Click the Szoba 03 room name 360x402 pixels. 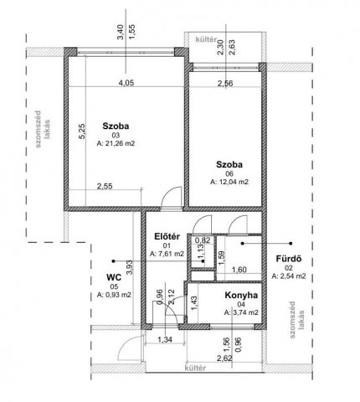116,126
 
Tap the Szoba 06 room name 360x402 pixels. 229,164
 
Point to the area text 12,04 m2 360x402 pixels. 229,182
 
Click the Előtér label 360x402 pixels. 167,236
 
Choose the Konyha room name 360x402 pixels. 241,295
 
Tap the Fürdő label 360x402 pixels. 289,259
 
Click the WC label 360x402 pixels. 114,277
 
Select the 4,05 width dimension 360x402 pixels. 126,83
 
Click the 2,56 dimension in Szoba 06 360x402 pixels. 225,83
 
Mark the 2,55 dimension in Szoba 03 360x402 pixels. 105,186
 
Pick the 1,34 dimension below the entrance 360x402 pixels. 166,340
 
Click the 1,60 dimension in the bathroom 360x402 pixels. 239,270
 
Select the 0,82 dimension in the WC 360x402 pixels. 202,240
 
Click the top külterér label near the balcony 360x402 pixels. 206,39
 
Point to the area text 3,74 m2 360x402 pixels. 241,312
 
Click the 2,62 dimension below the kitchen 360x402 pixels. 224,358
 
